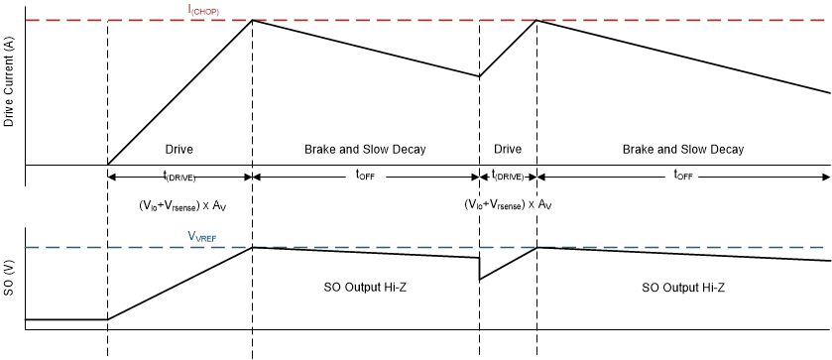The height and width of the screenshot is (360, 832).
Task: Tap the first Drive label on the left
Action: click(x=178, y=150)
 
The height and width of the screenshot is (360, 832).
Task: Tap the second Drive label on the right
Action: click(x=507, y=150)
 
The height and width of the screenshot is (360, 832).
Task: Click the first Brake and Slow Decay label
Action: click(x=365, y=150)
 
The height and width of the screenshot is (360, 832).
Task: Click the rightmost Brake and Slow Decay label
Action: click(x=683, y=150)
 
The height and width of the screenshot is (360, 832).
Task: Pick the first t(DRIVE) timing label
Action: click(x=179, y=177)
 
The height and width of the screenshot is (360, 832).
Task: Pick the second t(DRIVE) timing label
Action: click(x=507, y=177)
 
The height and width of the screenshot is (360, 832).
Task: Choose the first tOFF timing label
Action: click(x=365, y=177)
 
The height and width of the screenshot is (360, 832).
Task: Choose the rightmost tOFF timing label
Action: click(x=683, y=177)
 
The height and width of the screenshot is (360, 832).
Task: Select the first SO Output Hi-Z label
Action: click(x=365, y=287)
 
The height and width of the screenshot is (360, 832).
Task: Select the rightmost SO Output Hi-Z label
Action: click(x=683, y=287)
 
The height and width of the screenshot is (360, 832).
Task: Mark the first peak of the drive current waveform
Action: click(x=253, y=20)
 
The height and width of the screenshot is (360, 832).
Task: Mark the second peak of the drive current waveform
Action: click(x=536, y=20)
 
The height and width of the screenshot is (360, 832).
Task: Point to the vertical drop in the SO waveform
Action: click(x=480, y=269)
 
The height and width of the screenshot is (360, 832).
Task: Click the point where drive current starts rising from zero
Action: click(x=107, y=165)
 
